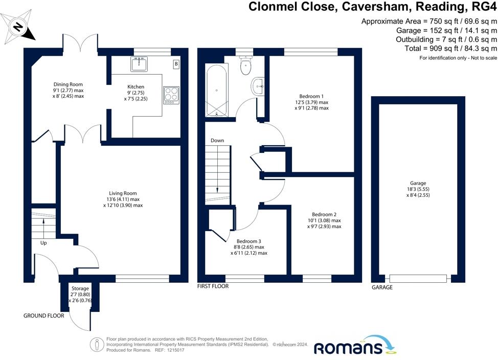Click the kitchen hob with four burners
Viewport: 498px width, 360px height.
coord(171,95)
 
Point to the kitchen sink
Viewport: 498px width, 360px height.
coord(139,65)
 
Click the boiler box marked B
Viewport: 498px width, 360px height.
coord(176,64)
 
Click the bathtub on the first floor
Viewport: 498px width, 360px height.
coord(217,91)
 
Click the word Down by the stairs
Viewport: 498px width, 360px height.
coord(217,141)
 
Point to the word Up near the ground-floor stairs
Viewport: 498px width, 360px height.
coord(43,243)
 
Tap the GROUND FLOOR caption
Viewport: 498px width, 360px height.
coord(44,316)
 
